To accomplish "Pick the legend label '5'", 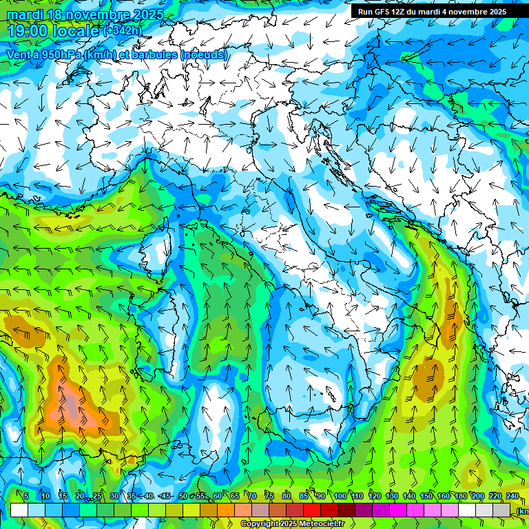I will pyautogui.click(x=26, y=497).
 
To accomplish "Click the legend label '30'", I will pyautogui.click(x=114, y=497).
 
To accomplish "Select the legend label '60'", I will pyautogui.click(x=218, y=497).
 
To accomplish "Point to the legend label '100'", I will pyautogui.click(x=340, y=497).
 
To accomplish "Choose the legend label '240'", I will pyautogui.click(x=512, y=497).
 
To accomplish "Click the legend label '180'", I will pyautogui.click(x=461, y=497).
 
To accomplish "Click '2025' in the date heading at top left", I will pyautogui.click(x=147, y=14).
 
